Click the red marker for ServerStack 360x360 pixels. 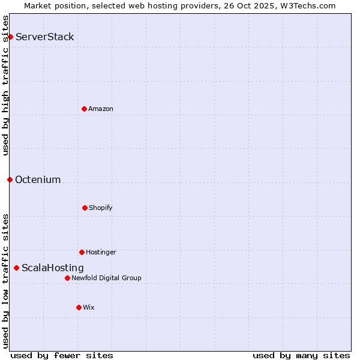pyautogui.click(x=10, y=37)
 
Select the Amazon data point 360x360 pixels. pyautogui.click(x=84, y=109)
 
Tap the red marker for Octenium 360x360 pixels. pyautogui.click(x=10, y=179)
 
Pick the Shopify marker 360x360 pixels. pyautogui.click(x=85, y=208)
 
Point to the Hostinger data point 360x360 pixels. pyautogui.click(x=82, y=252)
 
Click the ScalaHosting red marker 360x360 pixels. pyautogui.click(x=16, y=268)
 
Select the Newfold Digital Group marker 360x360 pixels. pyautogui.click(x=67, y=278)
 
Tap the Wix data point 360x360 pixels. pyautogui.click(x=79, y=307)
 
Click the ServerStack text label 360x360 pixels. pyautogui.click(x=45, y=37)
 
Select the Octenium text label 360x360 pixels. pyautogui.click(x=38, y=180)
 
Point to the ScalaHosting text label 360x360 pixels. pyautogui.click(x=53, y=268)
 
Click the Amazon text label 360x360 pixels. pyautogui.click(x=101, y=109)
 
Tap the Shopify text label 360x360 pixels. pyautogui.click(x=101, y=208)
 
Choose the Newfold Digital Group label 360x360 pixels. pyautogui.click(x=107, y=278)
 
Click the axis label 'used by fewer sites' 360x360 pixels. pyautogui.click(x=62, y=355)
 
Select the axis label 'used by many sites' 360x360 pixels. pyautogui.click(x=301, y=355)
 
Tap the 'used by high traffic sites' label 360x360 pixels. pyautogui.click(x=5, y=85)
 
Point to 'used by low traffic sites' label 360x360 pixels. pyautogui.click(x=5, y=281)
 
